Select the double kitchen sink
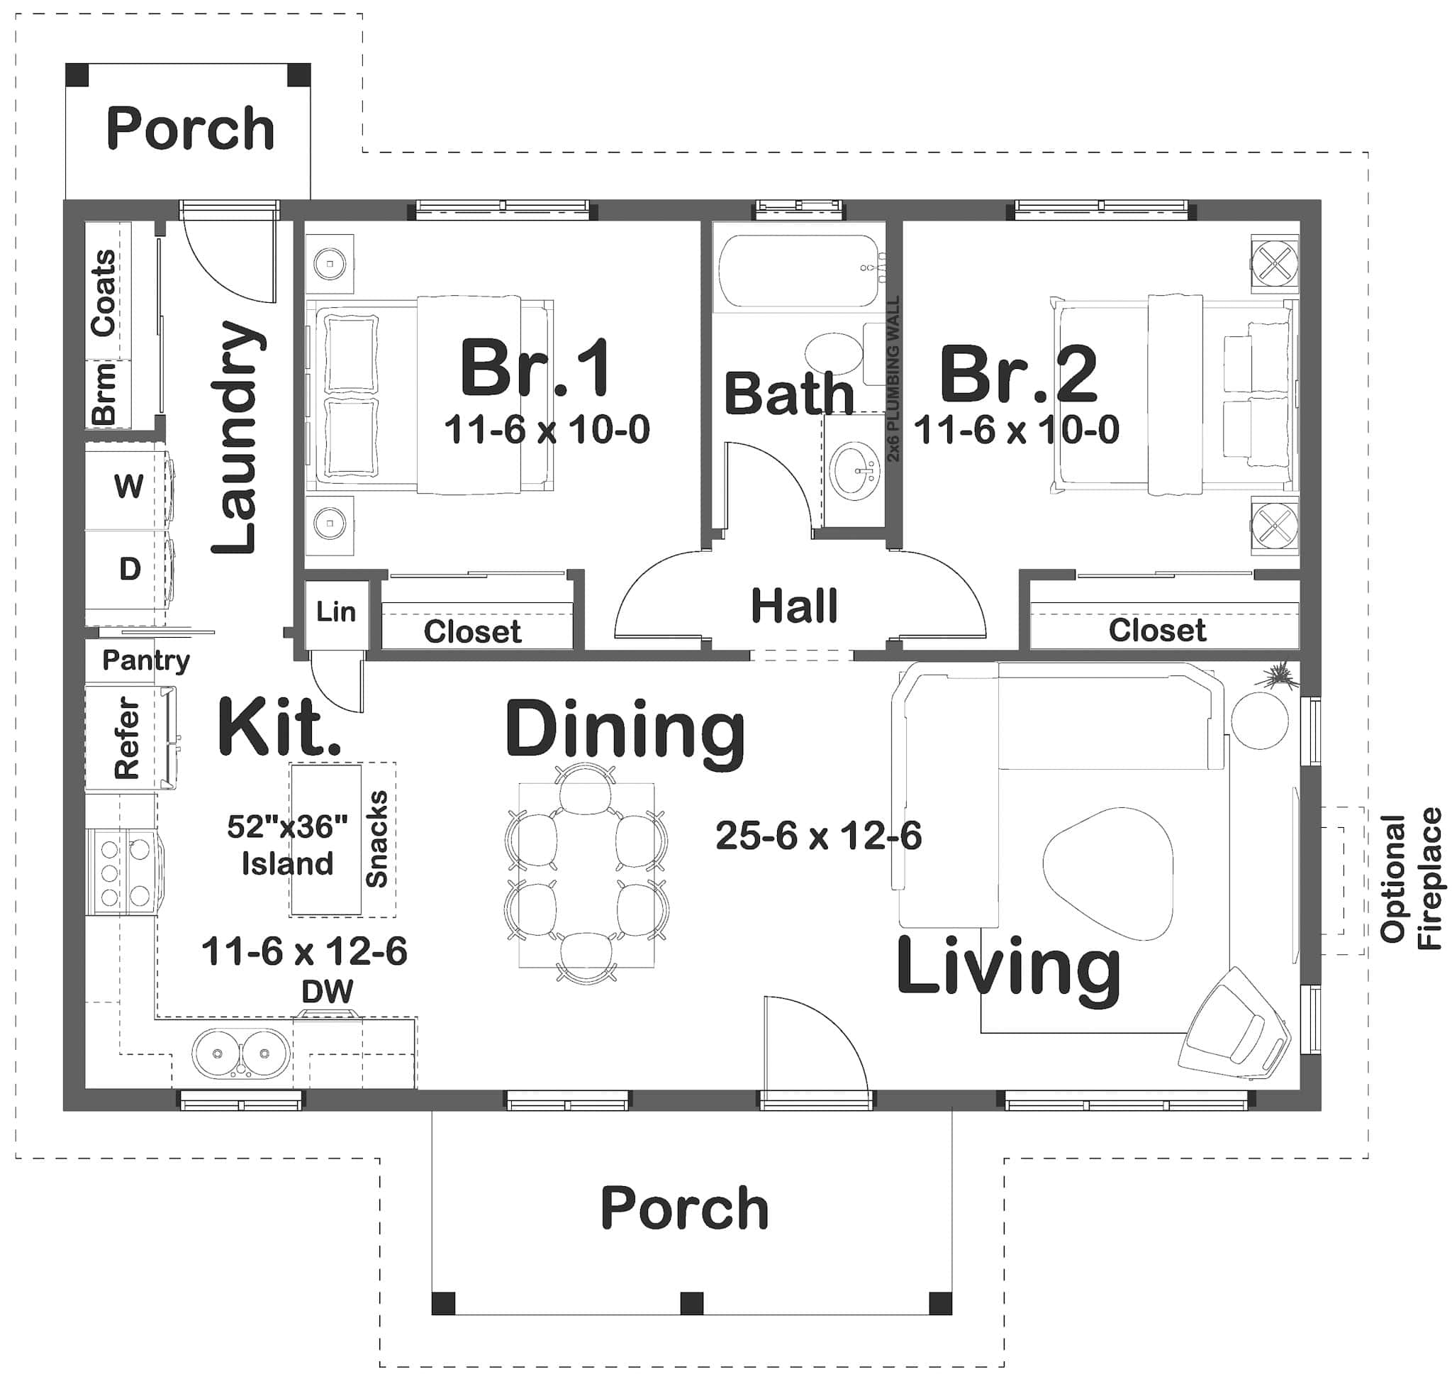tap(240, 1051)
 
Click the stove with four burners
tap(123, 871)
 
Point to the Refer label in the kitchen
tap(128, 738)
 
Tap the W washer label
tap(129, 487)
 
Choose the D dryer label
tap(130, 569)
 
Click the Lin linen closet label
tap(336, 612)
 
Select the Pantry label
tap(146, 660)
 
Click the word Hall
tap(794, 606)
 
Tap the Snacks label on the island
tap(376, 839)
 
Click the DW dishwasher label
tap(328, 992)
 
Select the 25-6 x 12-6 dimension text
tap(818, 836)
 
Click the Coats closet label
tap(104, 292)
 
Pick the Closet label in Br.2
tap(1157, 630)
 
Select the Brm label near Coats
tap(104, 392)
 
